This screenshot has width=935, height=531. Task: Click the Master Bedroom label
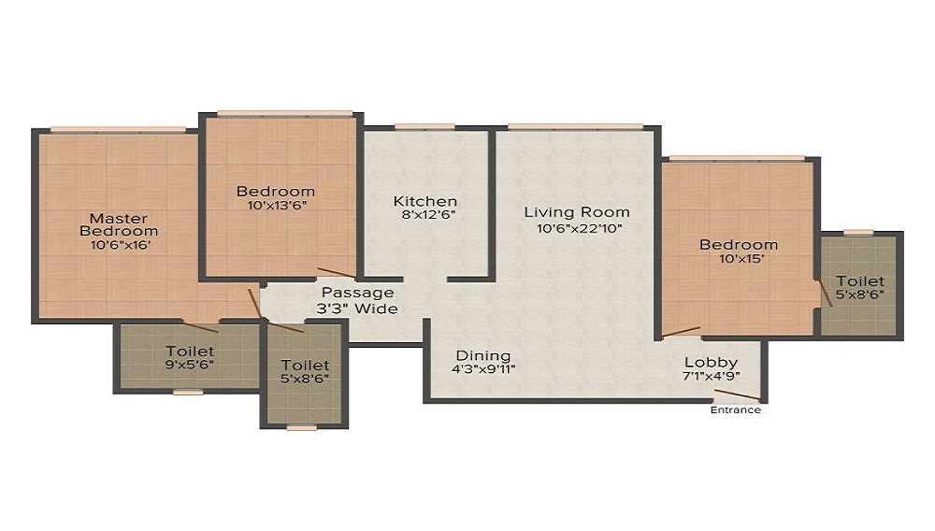(120, 224)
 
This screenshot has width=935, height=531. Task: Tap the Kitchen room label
(425, 201)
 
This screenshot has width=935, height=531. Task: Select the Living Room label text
(577, 212)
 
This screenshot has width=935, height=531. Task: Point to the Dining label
(483, 356)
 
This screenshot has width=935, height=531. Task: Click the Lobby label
(711, 363)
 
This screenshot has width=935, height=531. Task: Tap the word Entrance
(735, 410)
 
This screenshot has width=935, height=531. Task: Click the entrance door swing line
(738, 395)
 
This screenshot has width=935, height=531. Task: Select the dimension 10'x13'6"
(276, 206)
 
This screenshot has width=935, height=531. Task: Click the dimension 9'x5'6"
(190, 365)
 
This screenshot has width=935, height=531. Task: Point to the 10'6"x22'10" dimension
(579, 228)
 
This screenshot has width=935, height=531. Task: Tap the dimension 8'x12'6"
(428, 215)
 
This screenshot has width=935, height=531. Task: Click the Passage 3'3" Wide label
(357, 300)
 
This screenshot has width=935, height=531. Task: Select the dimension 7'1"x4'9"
(711, 376)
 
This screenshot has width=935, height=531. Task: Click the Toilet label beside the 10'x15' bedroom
(860, 280)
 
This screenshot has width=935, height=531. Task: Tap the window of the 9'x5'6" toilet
(188, 392)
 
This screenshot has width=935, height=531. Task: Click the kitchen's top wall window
(424, 126)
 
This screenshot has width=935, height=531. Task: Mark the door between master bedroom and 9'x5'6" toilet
(200, 326)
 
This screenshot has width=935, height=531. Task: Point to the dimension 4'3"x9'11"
(483, 369)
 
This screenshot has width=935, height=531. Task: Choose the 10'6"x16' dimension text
(120, 244)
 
